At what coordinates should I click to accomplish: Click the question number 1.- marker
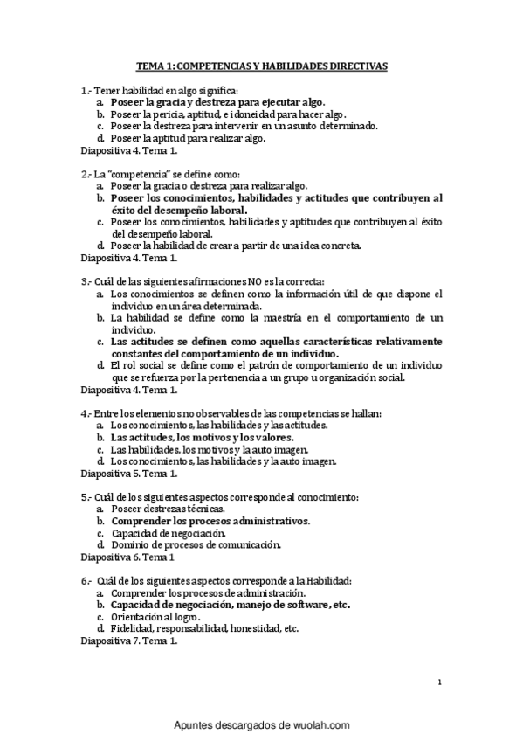point(85,90)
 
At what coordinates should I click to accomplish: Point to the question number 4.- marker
point(85,412)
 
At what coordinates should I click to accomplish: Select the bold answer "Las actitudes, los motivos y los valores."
point(202,436)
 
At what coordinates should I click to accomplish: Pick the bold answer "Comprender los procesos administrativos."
point(210,521)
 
